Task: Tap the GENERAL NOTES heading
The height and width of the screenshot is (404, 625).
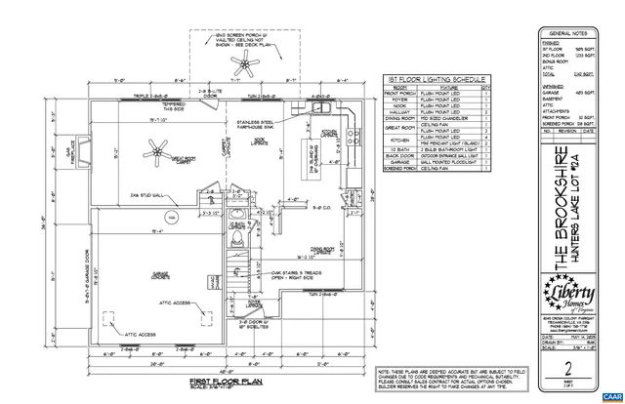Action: coord(574,32)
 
